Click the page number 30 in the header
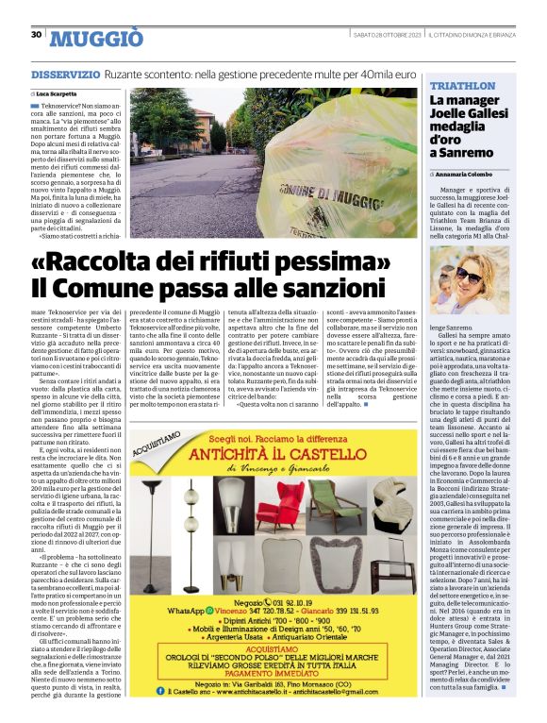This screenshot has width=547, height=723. pyautogui.click(x=36, y=35)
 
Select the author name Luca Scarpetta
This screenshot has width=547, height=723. pyautogui.click(x=59, y=94)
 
